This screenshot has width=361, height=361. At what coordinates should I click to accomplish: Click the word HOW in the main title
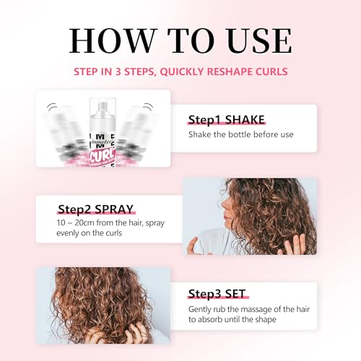[x=112, y=40]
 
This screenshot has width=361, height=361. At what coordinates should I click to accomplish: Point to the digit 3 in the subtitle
[x=118, y=71]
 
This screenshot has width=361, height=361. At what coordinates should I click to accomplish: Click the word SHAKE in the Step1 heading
[x=245, y=120]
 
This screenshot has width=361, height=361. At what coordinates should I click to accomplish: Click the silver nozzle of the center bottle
[x=103, y=106]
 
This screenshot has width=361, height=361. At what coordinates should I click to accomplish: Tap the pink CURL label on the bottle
[x=103, y=157]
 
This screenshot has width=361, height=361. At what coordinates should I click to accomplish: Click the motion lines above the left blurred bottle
[x=52, y=107]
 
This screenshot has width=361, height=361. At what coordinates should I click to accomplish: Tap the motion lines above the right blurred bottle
[x=148, y=107]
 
